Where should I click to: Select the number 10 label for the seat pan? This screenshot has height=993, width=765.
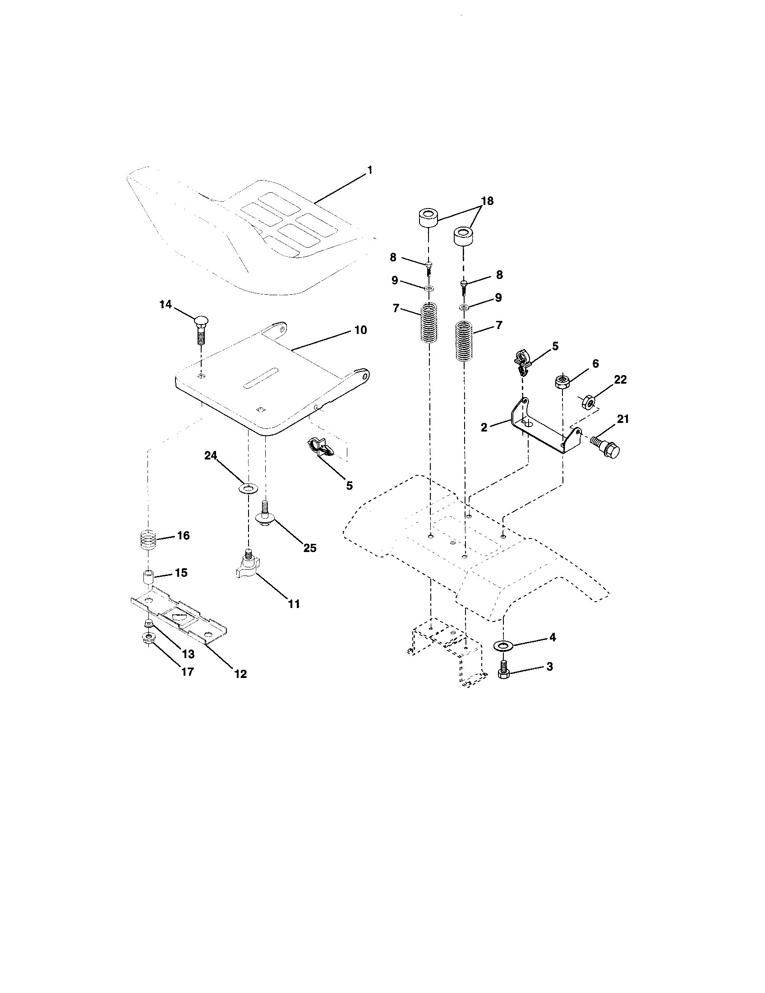tap(360, 329)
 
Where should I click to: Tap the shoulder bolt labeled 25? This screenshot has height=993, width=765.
tap(265, 514)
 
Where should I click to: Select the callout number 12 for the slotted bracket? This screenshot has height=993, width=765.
tap(240, 674)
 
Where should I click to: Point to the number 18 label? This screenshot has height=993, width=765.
tap(487, 201)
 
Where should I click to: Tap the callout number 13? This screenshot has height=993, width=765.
tap(188, 654)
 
